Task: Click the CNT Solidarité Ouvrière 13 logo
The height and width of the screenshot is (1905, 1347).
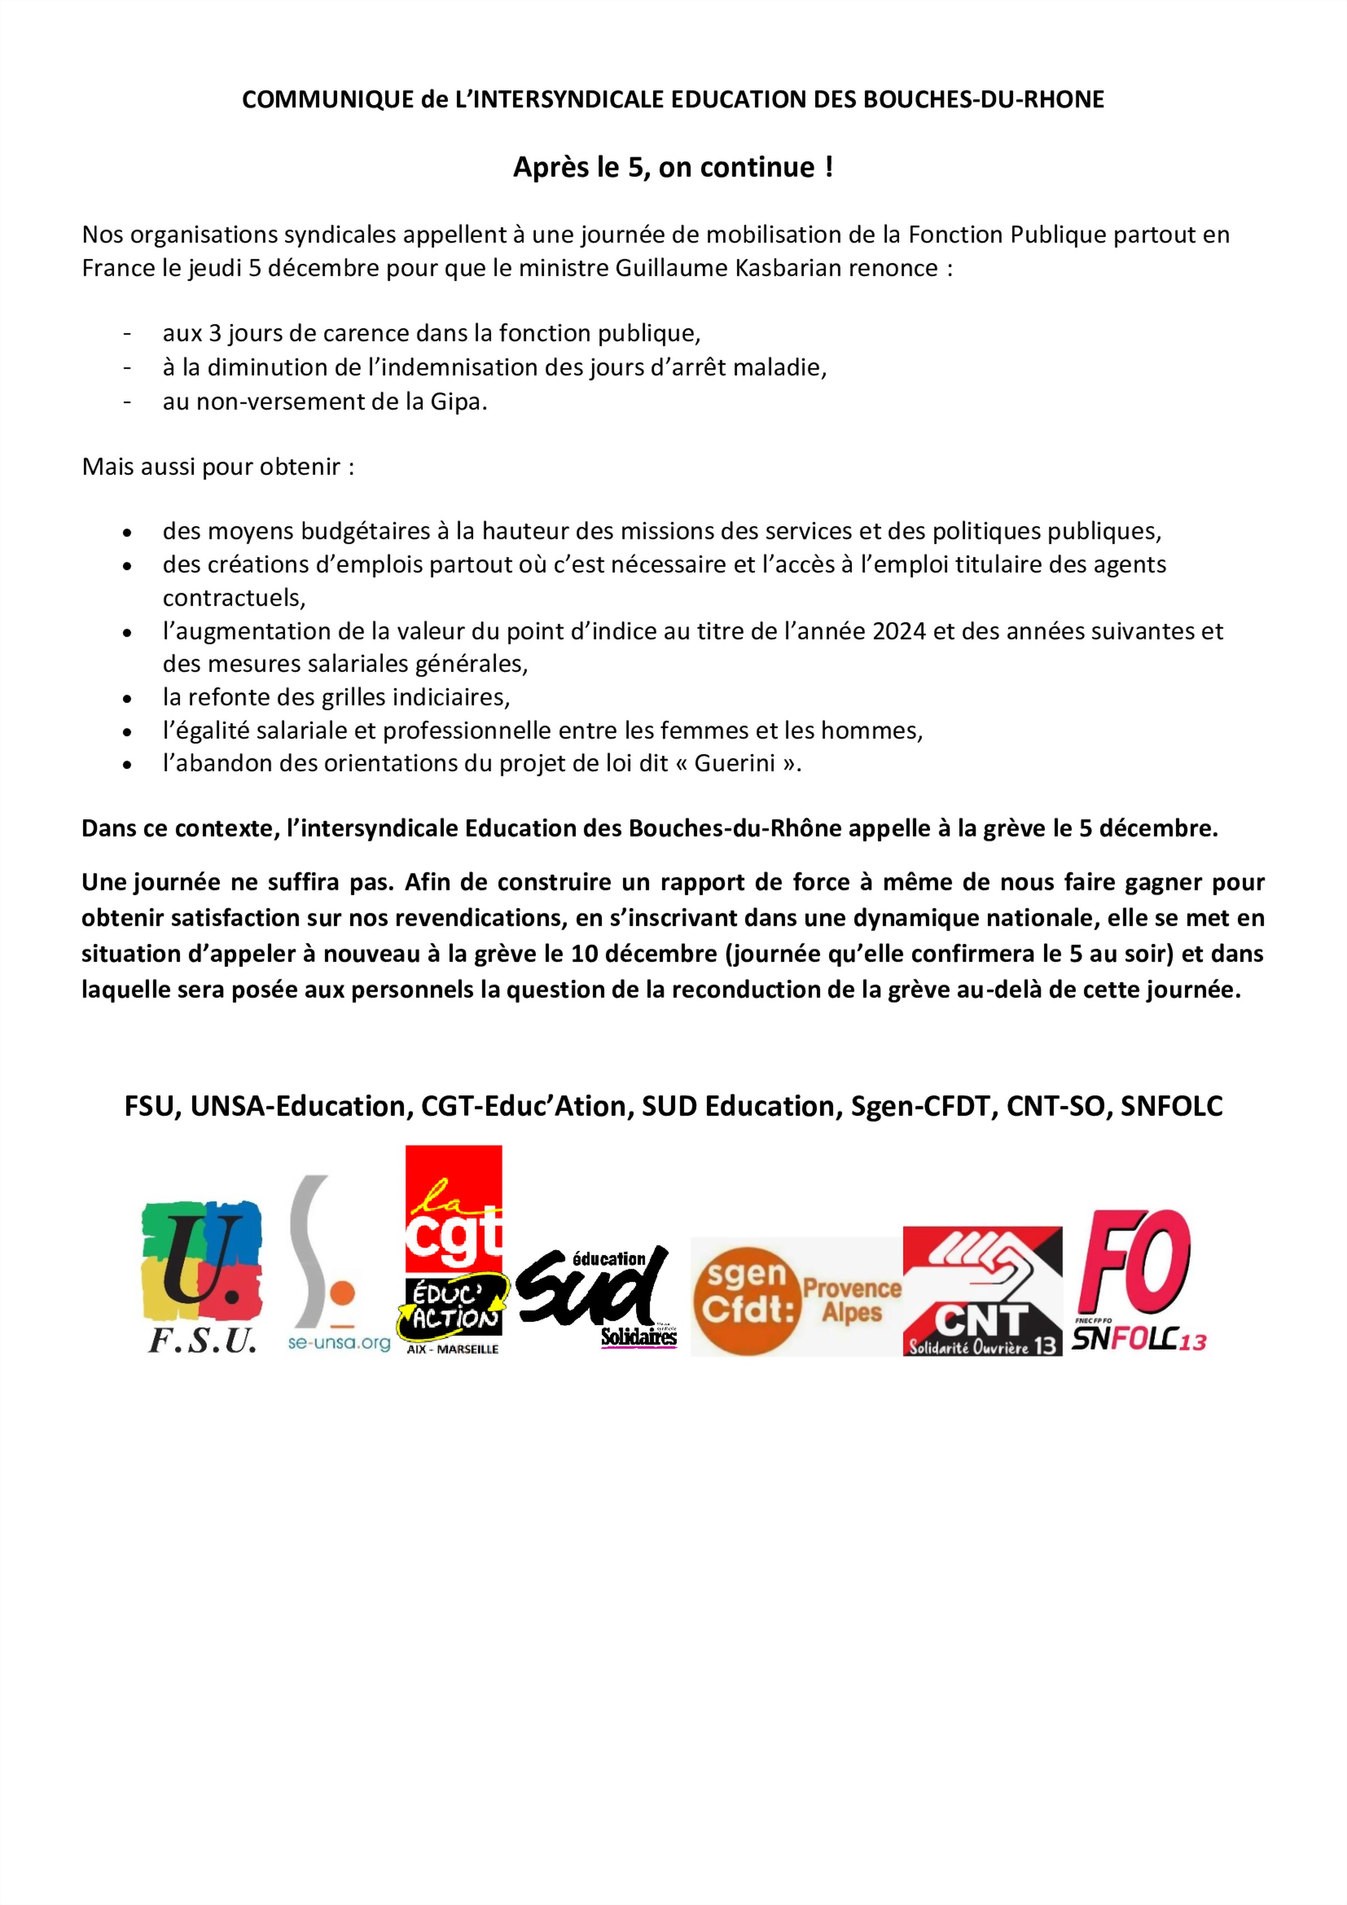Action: coord(982,1291)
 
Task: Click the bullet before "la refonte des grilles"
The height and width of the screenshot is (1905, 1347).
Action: coord(127,698)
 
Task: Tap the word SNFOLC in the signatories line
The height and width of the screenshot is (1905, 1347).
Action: coord(1171,1106)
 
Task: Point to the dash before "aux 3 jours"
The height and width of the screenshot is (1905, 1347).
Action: coord(127,334)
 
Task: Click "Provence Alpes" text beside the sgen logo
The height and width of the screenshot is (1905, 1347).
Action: coord(852,1300)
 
